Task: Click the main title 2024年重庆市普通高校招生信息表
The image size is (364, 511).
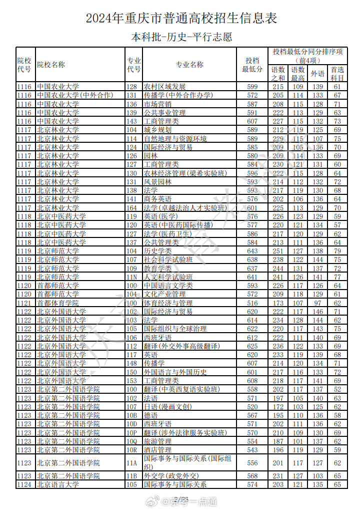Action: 181,19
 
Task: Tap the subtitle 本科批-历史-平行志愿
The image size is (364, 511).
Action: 181,37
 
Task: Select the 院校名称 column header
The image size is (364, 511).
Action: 51,65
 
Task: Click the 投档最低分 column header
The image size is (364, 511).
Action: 252,65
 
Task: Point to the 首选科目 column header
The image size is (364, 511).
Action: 337,74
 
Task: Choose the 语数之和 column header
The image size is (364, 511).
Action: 278,74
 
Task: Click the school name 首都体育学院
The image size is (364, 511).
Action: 57,303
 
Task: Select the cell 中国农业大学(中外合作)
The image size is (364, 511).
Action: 65,95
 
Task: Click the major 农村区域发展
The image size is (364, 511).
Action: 164,87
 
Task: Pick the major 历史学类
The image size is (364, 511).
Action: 157,251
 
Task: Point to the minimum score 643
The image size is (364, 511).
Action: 252,251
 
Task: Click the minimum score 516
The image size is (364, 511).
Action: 252,303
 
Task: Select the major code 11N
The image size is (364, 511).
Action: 131,277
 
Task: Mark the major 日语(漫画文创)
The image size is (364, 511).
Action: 168,407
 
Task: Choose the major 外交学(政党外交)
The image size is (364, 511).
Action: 171,476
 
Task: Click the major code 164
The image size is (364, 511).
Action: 131,207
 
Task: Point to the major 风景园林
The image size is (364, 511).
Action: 157,182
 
